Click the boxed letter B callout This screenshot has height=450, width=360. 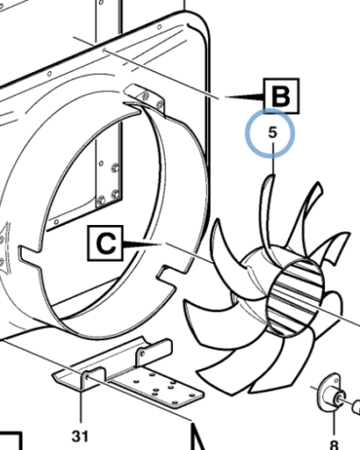click(282, 96)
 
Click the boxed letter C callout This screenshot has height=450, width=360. click(105, 243)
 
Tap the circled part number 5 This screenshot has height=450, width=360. click(272, 132)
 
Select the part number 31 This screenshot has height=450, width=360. click(80, 436)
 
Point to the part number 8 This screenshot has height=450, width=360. click(334, 445)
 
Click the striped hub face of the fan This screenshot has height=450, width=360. click(295, 298)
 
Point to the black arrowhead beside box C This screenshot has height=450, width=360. click(142, 245)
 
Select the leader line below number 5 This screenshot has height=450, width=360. click(274, 159)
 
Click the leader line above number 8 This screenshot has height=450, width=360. click(335, 424)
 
